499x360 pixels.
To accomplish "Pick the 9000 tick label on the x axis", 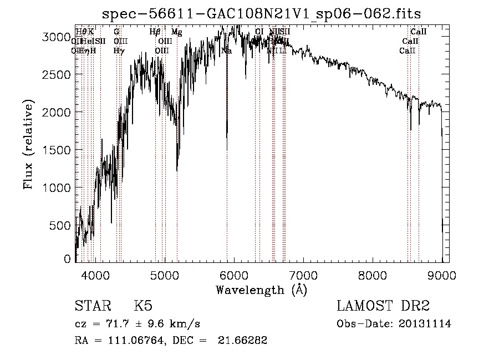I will coord(442,275).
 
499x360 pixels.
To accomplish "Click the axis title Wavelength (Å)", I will coord(261,290).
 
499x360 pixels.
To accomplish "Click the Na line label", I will coord(226,50).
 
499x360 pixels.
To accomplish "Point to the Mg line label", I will coord(176,32).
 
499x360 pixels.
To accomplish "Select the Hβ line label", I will coord(155,32).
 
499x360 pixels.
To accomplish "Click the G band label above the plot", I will coord(116,32).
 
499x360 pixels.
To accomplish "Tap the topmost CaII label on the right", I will coord(418,32).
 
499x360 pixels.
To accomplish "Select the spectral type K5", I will coord(143,307).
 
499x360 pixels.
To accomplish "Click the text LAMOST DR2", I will coord(383,307).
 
